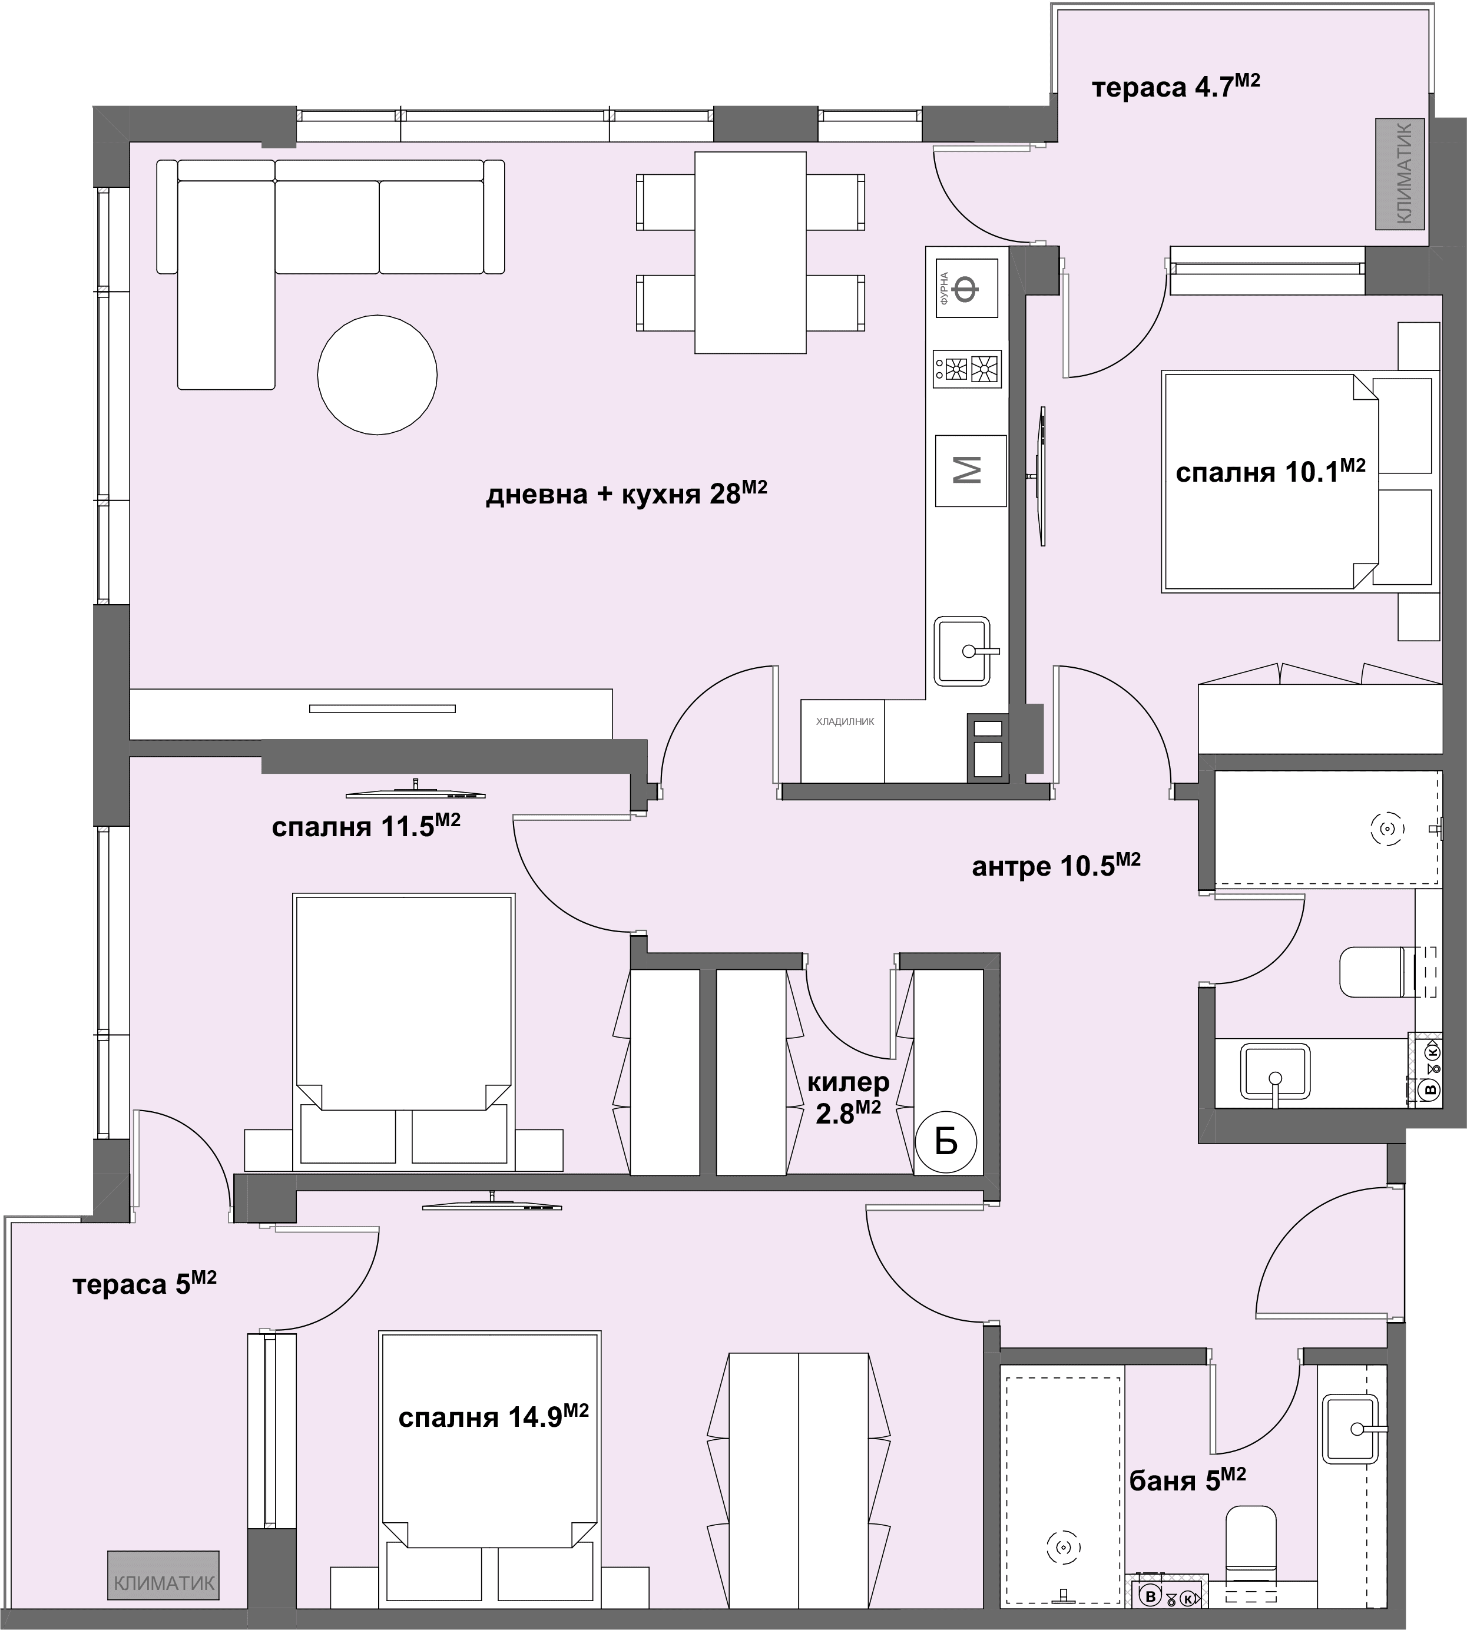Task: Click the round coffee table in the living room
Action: [x=377, y=375]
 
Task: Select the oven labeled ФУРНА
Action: [x=966, y=288]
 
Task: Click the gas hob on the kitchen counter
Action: [x=967, y=369]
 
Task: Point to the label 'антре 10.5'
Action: [x=1056, y=864]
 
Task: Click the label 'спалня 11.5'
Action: [x=366, y=826]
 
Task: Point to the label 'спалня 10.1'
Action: [x=1270, y=471]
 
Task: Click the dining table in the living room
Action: [x=750, y=252]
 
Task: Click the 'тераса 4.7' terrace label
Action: [x=1176, y=86]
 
